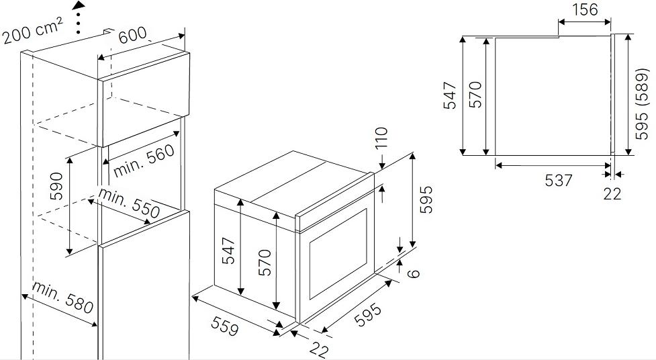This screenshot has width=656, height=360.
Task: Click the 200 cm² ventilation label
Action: pyautogui.click(x=33, y=30)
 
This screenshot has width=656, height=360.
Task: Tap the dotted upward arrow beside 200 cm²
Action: pyautogui.click(x=79, y=17)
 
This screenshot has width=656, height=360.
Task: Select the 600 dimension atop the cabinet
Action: pyautogui.click(x=133, y=35)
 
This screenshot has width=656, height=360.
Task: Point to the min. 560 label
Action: pyautogui.click(x=144, y=161)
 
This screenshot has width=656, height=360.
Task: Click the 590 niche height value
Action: pyautogui.click(x=56, y=186)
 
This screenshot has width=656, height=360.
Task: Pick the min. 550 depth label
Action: pyautogui.click(x=129, y=204)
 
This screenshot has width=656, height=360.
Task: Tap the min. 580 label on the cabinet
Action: pyautogui.click(x=62, y=298)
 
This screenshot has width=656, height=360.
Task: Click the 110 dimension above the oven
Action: pyautogui.click(x=381, y=138)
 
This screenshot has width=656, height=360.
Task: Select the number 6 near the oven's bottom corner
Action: pyautogui.click(x=413, y=273)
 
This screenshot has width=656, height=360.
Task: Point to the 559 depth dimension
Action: pyautogui.click(x=225, y=326)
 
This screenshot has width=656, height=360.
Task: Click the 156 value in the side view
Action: pyautogui.click(x=585, y=9)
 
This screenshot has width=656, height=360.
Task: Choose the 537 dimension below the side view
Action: pyautogui.click(x=559, y=181)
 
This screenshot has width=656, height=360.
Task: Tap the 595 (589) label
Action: pyautogui.click(x=641, y=103)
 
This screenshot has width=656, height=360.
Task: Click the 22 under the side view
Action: pyautogui.click(x=612, y=194)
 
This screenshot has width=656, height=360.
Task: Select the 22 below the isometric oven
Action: pyautogui.click(x=319, y=348)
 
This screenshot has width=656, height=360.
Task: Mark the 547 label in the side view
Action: pyautogui.click(x=450, y=96)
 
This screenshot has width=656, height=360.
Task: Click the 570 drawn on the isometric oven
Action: pyautogui.click(x=265, y=263)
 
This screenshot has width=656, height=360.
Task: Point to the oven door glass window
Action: pyautogui.click(x=338, y=254)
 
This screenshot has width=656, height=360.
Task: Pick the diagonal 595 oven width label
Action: pyautogui.click(x=368, y=314)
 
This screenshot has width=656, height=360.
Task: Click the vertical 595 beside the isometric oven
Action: pyautogui.click(x=426, y=199)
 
